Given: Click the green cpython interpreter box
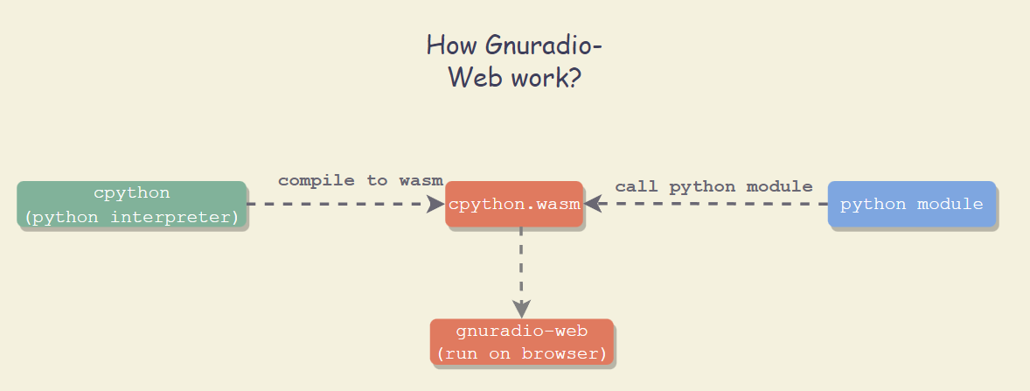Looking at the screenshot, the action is (x=131, y=205).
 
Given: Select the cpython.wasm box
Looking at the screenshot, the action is (x=514, y=205).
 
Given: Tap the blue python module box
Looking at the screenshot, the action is (x=912, y=205).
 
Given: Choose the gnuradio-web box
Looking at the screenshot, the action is (x=522, y=342).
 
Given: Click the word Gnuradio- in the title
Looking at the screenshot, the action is (x=544, y=46).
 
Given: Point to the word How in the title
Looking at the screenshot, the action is (x=453, y=45).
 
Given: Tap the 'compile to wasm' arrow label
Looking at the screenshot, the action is (x=360, y=181).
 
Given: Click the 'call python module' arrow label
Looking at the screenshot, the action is (x=714, y=186).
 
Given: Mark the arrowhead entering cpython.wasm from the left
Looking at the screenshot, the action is (x=436, y=204).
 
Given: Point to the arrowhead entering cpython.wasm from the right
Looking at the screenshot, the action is (x=593, y=204).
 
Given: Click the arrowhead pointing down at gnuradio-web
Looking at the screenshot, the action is (x=521, y=310).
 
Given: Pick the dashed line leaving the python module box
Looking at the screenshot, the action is (x=706, y=204).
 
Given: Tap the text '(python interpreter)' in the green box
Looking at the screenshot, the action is (x=131, y=217).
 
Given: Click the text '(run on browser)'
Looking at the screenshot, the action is (x=522, y=353).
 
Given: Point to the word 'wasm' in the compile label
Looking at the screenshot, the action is (x=421, y=181).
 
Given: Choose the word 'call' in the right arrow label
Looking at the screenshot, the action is (x=637, y=186).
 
